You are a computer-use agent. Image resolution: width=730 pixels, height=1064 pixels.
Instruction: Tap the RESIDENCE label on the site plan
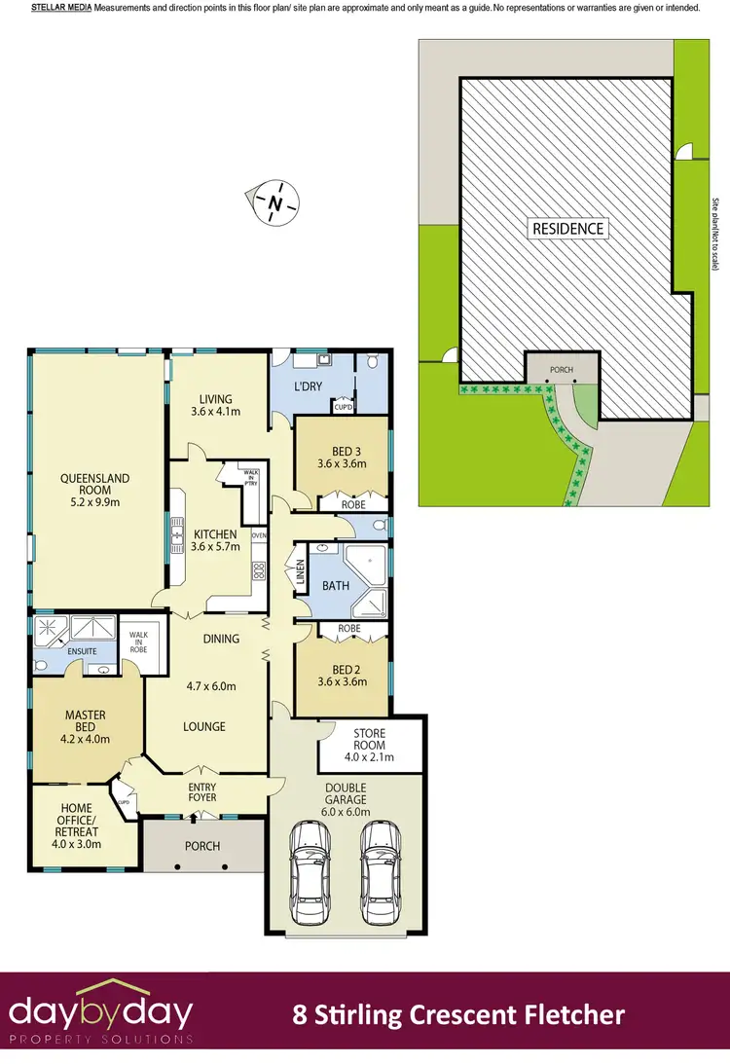[x=568, y=229]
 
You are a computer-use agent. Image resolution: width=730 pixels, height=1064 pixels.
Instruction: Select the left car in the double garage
[x=314, y=873]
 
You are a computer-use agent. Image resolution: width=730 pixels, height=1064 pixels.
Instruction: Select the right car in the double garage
[x=381, y=873]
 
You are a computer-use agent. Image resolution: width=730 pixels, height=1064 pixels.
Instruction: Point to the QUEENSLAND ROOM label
[x=95, y=478]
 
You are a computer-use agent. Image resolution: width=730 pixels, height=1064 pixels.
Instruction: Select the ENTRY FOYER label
[x=202, y=789]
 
